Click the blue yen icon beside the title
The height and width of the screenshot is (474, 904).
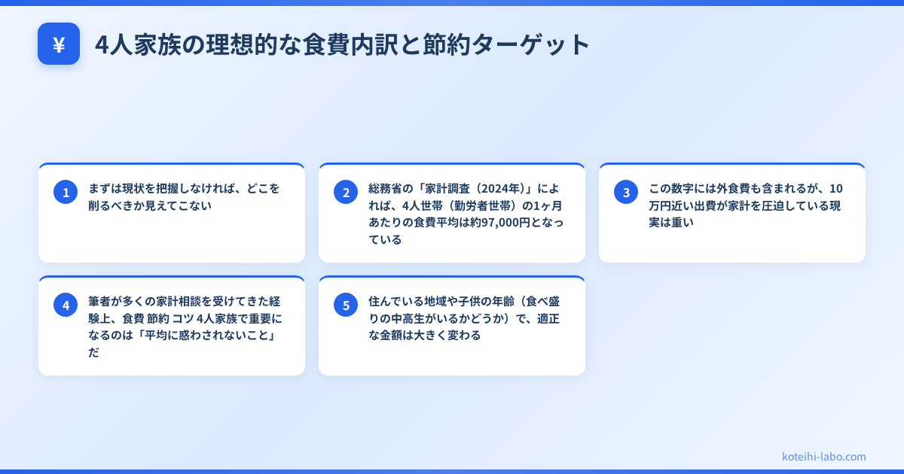tap(59, 44)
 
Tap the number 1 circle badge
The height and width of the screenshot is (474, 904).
tap(66, 192)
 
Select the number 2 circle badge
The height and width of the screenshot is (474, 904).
tap(346, 192)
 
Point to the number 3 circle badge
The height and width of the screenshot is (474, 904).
tap(626, 192)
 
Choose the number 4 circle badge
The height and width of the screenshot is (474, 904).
tap(66, 305)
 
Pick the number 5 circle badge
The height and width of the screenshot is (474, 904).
tap(346, 305)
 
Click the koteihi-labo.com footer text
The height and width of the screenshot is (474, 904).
tap(823, 457)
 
